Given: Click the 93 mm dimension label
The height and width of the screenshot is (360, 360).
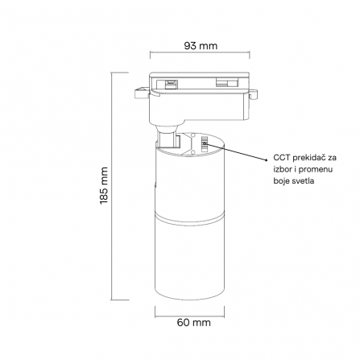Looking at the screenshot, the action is pyautogui.click(x=201, y=46).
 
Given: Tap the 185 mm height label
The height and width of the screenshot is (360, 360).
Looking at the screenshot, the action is pyautogui.click(x=104, y=185).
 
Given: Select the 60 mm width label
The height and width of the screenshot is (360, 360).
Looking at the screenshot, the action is pyautogui.click(x=193, y=322).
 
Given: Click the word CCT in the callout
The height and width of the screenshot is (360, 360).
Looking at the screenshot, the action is pyautogui.click(x=282, y=157).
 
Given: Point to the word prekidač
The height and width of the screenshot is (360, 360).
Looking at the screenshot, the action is pyautogui.click(x=308, y=158).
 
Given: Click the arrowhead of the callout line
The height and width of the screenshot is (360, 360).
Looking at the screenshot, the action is pyautogui.click(x=267, y=160).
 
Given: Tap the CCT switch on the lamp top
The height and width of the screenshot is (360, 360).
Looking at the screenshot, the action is pyautogui.click(x=205, y=144).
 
